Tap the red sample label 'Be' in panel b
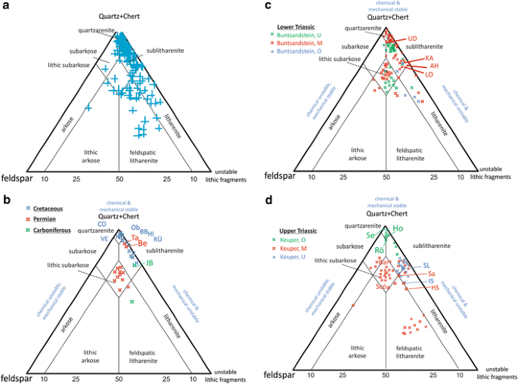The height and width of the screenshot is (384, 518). pyautogui.click(x=142, y=243)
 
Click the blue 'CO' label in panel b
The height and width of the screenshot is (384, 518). pyautogui.click(x=101, y=224)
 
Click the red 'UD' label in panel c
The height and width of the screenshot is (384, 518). pyautogui.click(x=412, y=39)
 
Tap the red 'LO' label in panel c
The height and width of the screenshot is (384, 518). pyautogui.click(x=429, y=75)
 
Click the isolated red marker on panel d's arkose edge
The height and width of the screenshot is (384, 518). pyautogui.click(x=353, y=304)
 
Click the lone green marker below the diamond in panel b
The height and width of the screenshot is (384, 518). pyautogui.click(x=132, y=302)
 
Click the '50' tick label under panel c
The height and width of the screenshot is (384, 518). pyautogui.click(x=386, y=178)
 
